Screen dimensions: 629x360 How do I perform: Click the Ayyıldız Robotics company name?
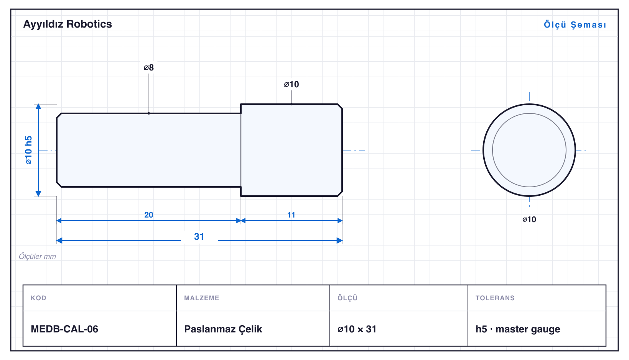68,25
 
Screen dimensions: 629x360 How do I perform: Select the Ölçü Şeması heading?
575,25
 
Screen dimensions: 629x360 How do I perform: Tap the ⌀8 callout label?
149,67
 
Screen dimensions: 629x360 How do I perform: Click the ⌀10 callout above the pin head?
291,84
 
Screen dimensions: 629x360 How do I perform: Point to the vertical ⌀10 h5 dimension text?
29,150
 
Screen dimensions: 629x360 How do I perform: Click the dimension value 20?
149,215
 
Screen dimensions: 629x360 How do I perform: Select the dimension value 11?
291,215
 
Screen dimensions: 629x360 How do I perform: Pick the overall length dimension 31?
199,237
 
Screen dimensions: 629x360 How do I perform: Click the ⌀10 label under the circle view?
529,219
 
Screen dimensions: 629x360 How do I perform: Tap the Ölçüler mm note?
37,257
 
